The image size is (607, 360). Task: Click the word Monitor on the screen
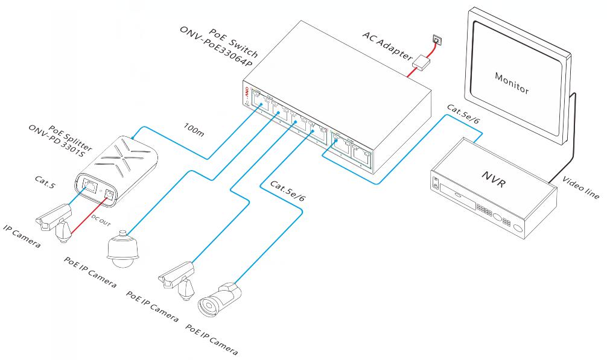coord(512,83)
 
